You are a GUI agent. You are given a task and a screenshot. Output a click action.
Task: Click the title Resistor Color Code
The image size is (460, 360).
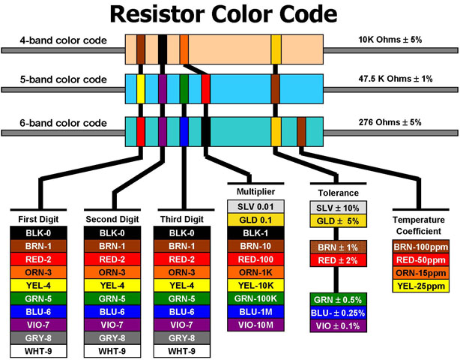229,15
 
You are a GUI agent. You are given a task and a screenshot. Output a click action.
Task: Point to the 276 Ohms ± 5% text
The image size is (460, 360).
390,121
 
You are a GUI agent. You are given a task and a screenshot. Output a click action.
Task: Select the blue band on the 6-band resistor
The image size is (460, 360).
184,129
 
